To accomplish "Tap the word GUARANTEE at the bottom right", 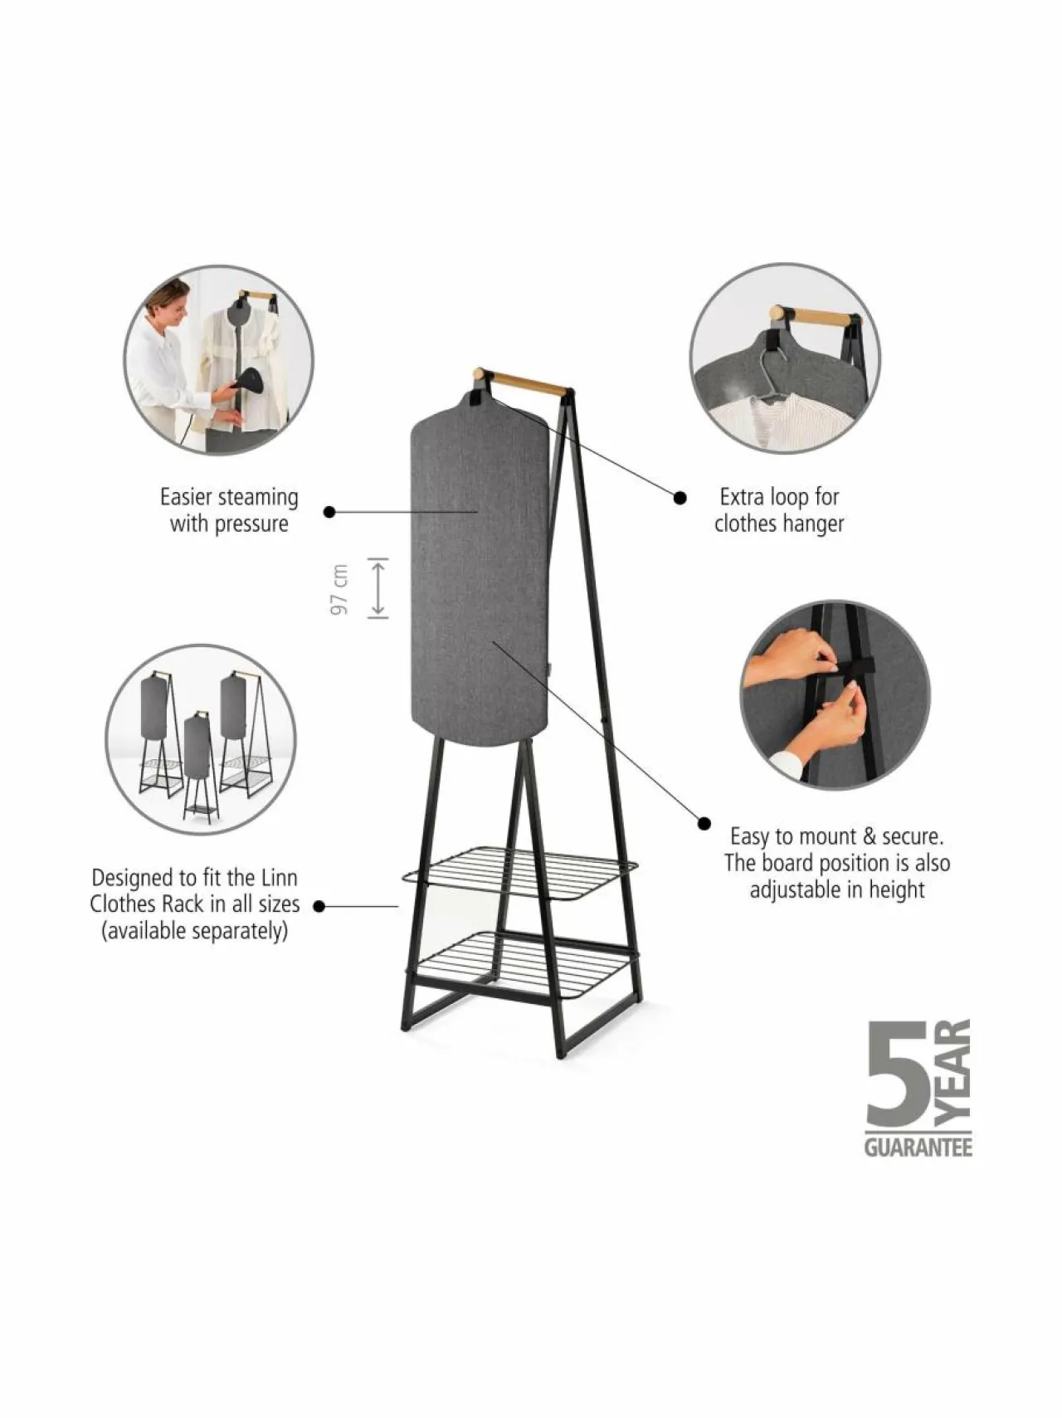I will click(x=918, y=1148).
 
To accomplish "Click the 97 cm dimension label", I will click(x=339, y=589).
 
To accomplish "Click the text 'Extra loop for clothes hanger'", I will click(x=779, y=510).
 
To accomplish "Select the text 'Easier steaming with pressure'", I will click(x=229, y=510).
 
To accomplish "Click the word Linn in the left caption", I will click(x=280, y=877).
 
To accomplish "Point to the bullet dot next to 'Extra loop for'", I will click(x=680, y=498).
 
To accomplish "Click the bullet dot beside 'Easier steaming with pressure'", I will click(x=329, y=512).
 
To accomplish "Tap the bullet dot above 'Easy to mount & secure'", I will click(x=704, y=824).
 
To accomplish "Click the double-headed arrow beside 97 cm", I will click(x=378, y=588).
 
